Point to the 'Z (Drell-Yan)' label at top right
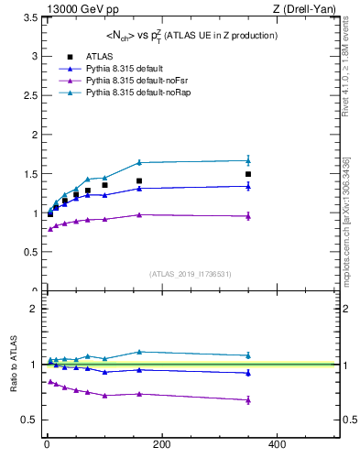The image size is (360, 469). (x=309, y=8)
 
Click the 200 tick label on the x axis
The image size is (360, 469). (x=161, y=444)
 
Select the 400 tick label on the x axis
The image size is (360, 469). (x=276, y=444)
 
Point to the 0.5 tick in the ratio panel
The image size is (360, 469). (x=27, y=420)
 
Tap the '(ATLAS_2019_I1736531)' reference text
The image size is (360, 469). (x=190, y=274)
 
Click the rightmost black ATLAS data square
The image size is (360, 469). (x=247, y=174)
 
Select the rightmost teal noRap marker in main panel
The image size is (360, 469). (x=247, y=160)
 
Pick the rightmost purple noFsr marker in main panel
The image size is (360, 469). (x=247, y=216)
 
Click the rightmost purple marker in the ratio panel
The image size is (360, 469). (x=247, y=399)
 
